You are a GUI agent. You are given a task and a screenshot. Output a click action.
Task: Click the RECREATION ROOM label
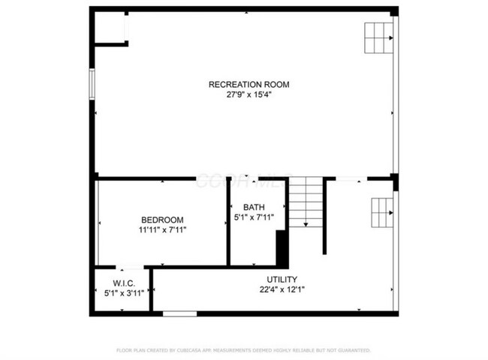(248, 85)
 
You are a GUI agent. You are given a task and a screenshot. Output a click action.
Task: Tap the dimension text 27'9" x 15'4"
(248, 95)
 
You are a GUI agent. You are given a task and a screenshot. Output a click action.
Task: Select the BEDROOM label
(162, 219)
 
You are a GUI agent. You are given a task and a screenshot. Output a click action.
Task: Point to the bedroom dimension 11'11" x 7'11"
(162, 229)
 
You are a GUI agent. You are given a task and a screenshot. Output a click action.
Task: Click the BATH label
(254, 207)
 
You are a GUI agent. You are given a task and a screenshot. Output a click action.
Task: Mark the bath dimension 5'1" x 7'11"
(254, 217)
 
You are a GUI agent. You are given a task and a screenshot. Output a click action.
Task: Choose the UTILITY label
(282, 279)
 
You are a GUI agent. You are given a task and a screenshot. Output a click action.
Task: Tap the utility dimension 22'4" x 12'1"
(282, 289)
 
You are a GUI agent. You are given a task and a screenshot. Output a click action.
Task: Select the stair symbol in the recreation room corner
(379, 37)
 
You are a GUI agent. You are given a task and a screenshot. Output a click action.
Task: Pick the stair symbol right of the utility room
(381, 213)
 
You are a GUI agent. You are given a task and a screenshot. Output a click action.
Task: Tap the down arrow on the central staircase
(306, 223)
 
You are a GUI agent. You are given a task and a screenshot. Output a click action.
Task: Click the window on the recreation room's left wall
(92, 83)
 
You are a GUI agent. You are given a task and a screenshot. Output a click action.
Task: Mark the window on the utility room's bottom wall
(174, 313)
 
